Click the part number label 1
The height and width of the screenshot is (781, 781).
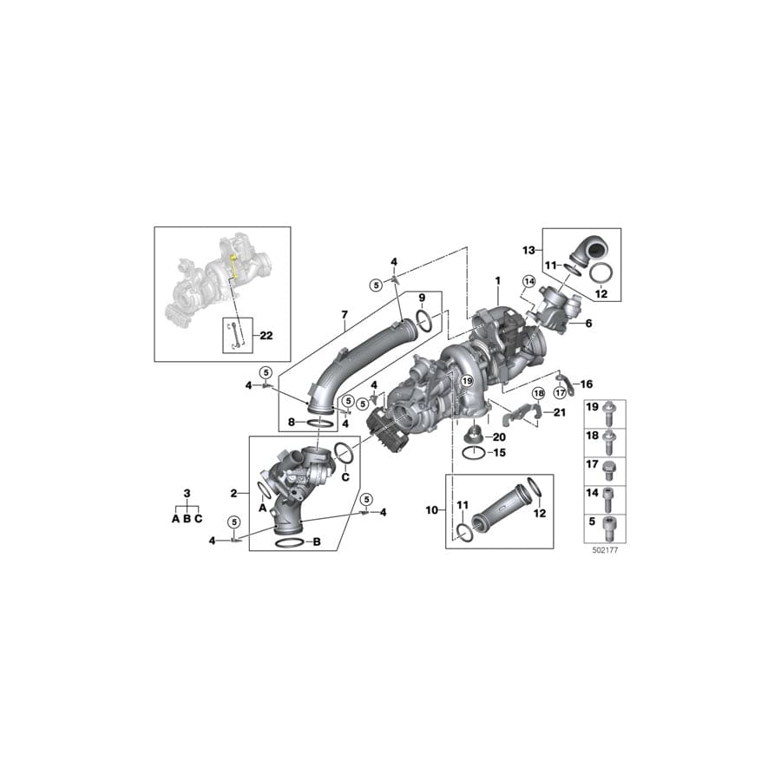pos(497,281)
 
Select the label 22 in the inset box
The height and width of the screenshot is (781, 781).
pos(241,335)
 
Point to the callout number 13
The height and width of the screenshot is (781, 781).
pos(527,250)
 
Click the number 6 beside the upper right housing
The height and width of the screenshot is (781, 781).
pos(588,323)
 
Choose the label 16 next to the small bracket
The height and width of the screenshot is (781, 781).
pos(587,383)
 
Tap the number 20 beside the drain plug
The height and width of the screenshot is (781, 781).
pos(499,436)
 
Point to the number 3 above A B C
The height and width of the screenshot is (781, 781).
pos(187,494)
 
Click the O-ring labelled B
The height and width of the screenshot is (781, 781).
pos(290,542)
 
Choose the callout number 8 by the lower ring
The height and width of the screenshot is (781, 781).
pos(292,423)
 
